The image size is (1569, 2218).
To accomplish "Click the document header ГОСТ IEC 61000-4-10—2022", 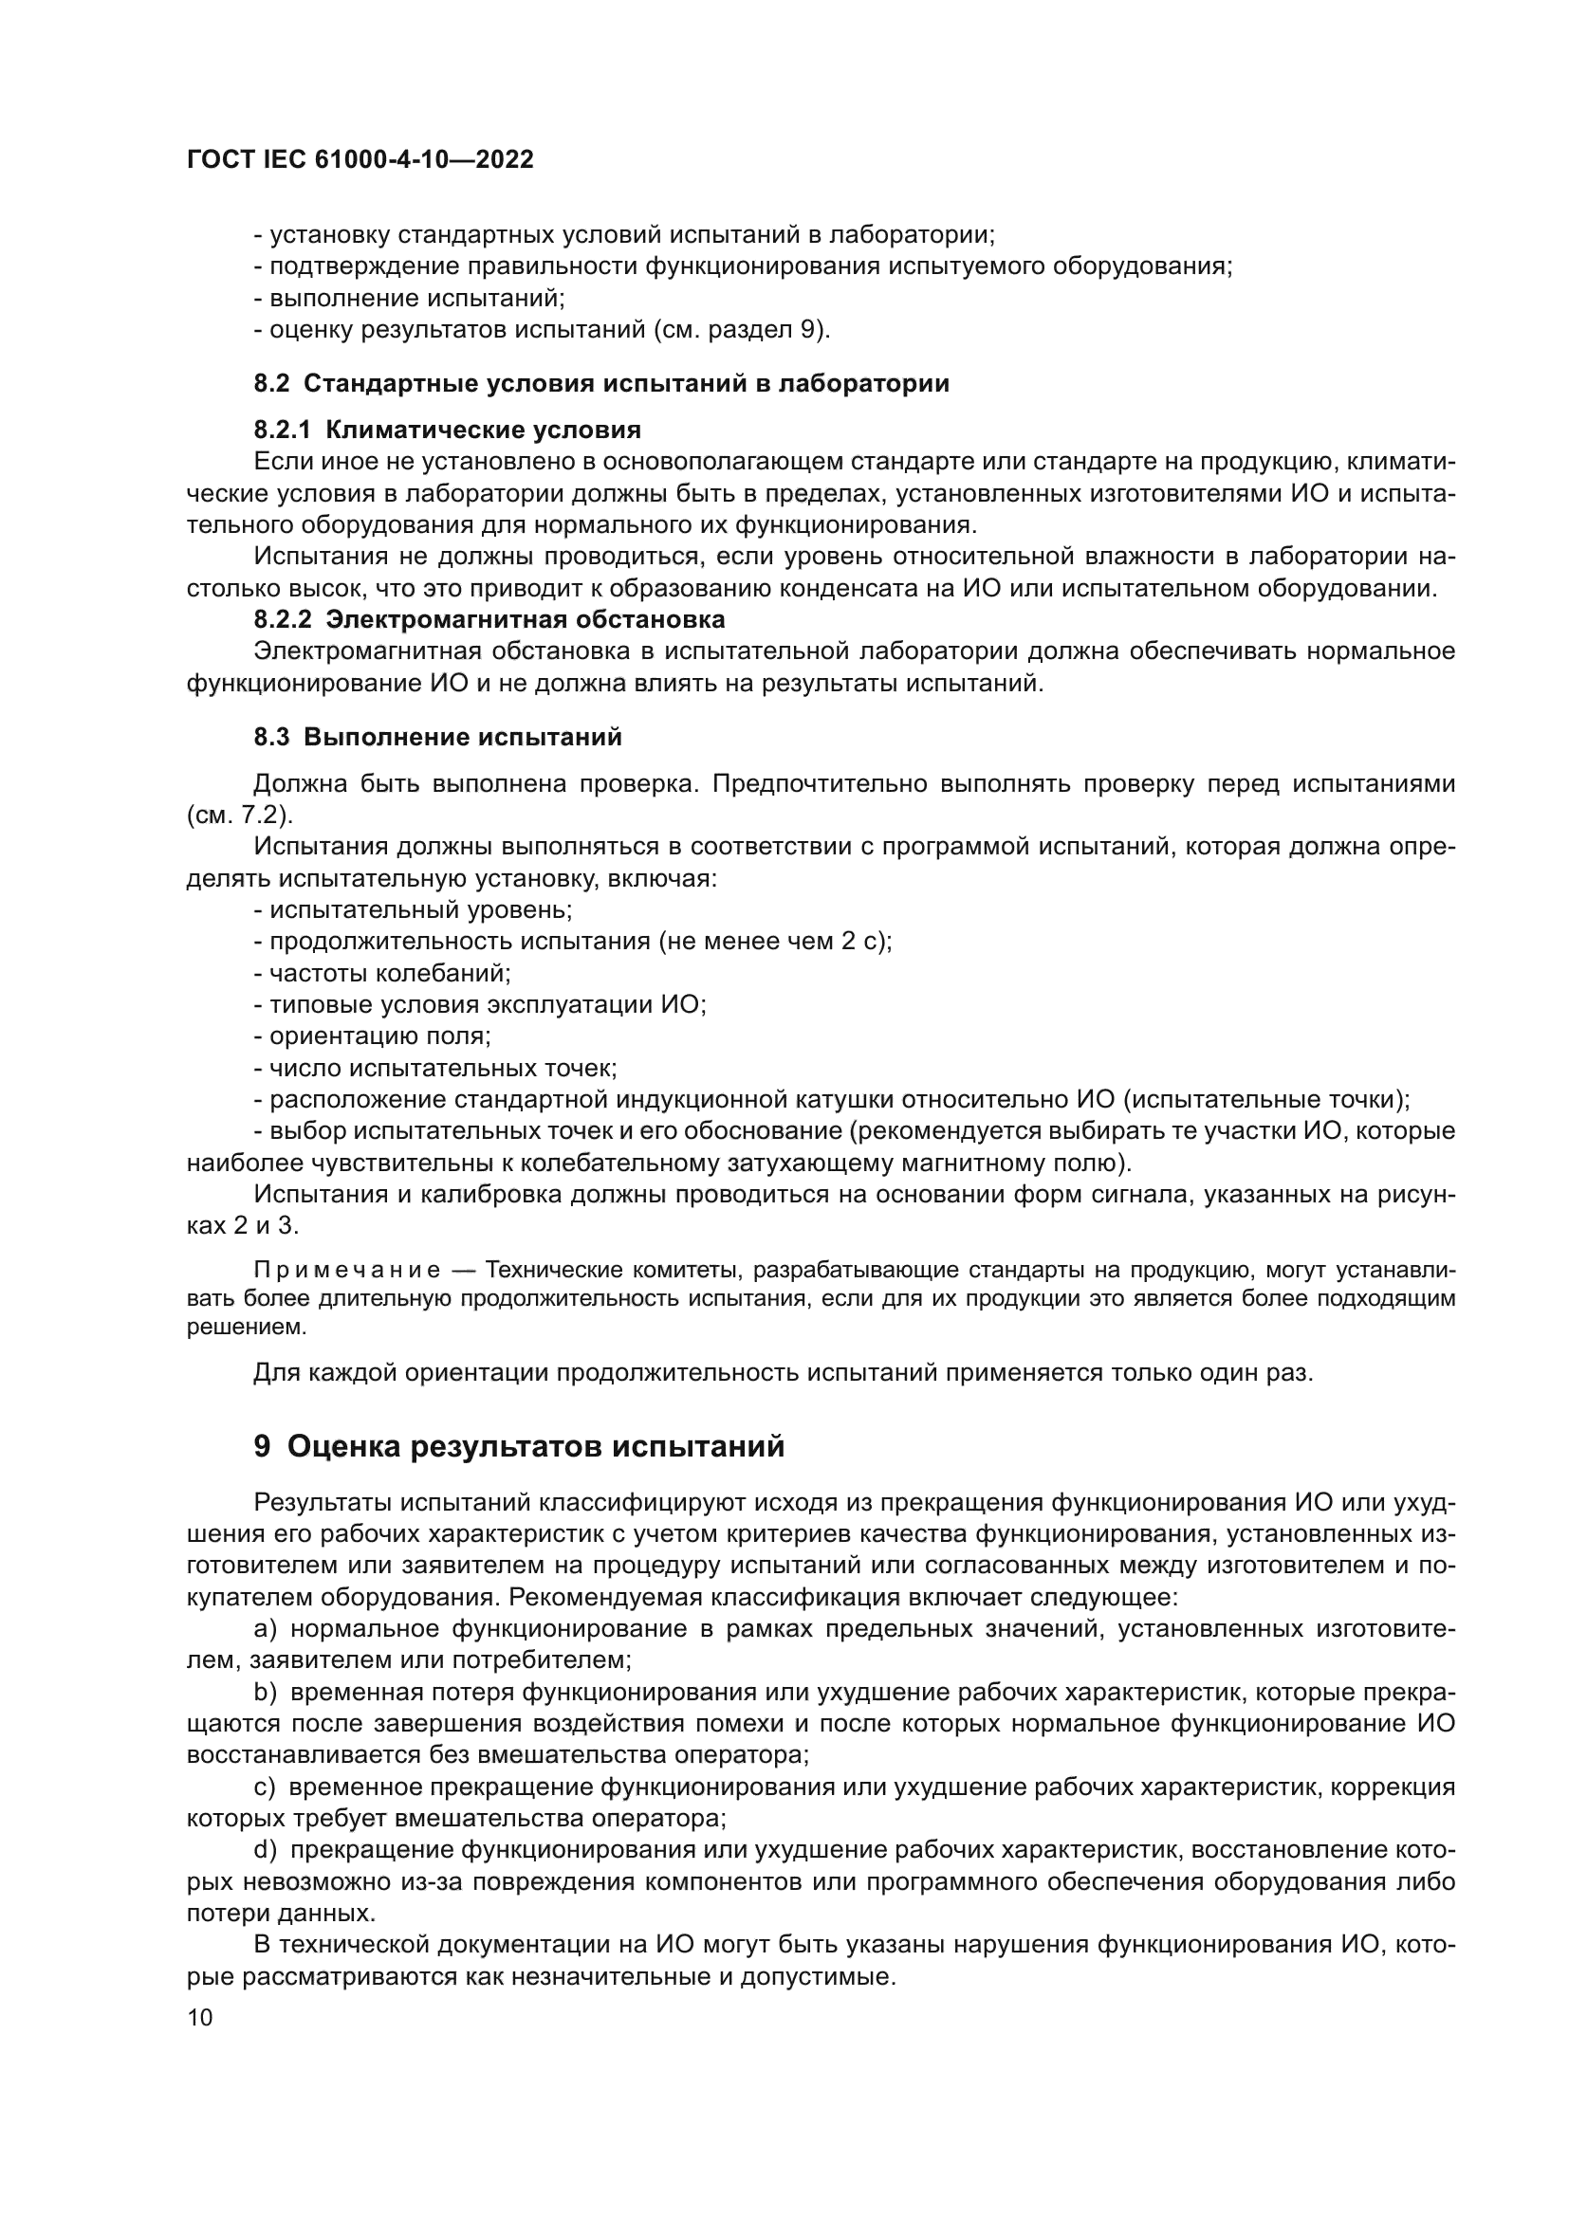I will [x=360, y=160].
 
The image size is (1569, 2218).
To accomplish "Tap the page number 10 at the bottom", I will [x=200, y=2018].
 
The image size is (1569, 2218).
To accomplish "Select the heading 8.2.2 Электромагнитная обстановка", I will [x=489, y=618].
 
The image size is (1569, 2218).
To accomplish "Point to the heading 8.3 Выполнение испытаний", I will [x=437, y=737].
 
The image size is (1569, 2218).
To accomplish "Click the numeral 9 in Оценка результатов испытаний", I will [x=262, y=1447].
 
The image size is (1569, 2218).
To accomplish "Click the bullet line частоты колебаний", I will [x=382, y=974].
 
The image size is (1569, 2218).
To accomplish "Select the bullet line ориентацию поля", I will [x=373, y=1036].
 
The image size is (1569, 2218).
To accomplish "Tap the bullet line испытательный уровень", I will [x=414, y=910].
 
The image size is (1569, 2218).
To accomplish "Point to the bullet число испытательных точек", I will [x=435, y=1069].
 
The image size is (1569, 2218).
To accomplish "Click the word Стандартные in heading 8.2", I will [x=379, y=383].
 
